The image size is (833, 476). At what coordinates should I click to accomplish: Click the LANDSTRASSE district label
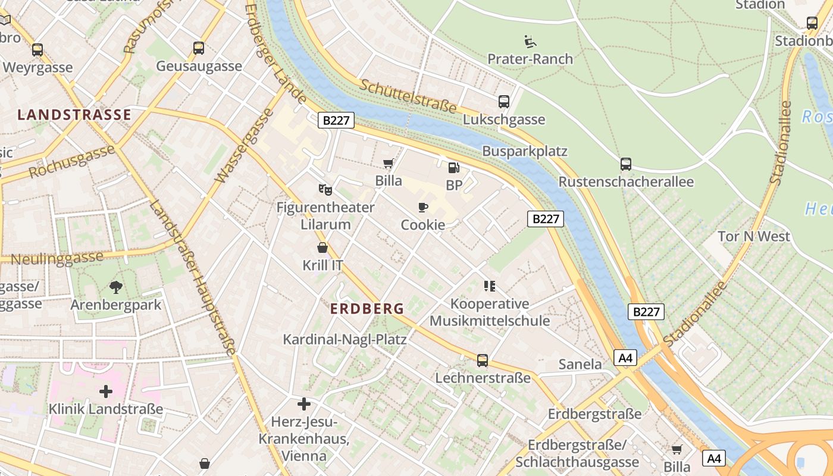pyautogui.click(x=74, y=115)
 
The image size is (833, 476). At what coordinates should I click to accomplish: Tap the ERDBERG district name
pyautogui.click(x=367, y=309)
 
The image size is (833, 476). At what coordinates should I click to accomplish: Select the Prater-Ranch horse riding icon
pyautogui.click(x=530, y=42)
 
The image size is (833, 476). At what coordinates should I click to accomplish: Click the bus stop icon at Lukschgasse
pyautogui.click(x=504, y=102)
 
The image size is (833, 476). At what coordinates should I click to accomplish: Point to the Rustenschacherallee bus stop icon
pyautogui.click(x=626, y=164)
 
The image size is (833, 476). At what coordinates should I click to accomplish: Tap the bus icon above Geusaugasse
pyautogui.click(x=199, y=48)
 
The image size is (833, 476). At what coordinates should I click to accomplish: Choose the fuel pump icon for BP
pyautogui.click(x=454, y=168)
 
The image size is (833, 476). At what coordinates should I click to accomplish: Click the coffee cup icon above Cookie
pyautogui.click(x=423, y=207)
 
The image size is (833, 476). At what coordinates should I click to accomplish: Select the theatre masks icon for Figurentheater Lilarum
pyautogui.click(x=325, y=190)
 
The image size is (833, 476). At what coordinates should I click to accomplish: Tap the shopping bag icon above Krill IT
pyautogui.click(x=322, y=247)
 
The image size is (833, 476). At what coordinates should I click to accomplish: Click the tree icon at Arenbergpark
pyautogui.click(x=116, y=287)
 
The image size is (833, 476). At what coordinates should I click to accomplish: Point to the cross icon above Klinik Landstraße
pyautogui.click(x=106, y=392)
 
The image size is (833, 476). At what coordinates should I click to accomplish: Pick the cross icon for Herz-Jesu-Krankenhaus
pyautogui.click(x=304, y=405)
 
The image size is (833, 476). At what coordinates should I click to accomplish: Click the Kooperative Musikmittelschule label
pyautogui.click(x=489, y=312)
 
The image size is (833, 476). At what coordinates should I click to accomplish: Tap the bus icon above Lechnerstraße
pyautogui.click(x=483, y=361)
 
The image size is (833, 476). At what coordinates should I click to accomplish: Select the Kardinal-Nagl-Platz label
pyautogui.click(x=345, y=340)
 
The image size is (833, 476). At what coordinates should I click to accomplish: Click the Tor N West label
pyautogui.click(x=754, y=236)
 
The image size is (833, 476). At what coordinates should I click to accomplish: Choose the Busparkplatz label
pyautogui.click(x=525, y=151)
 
